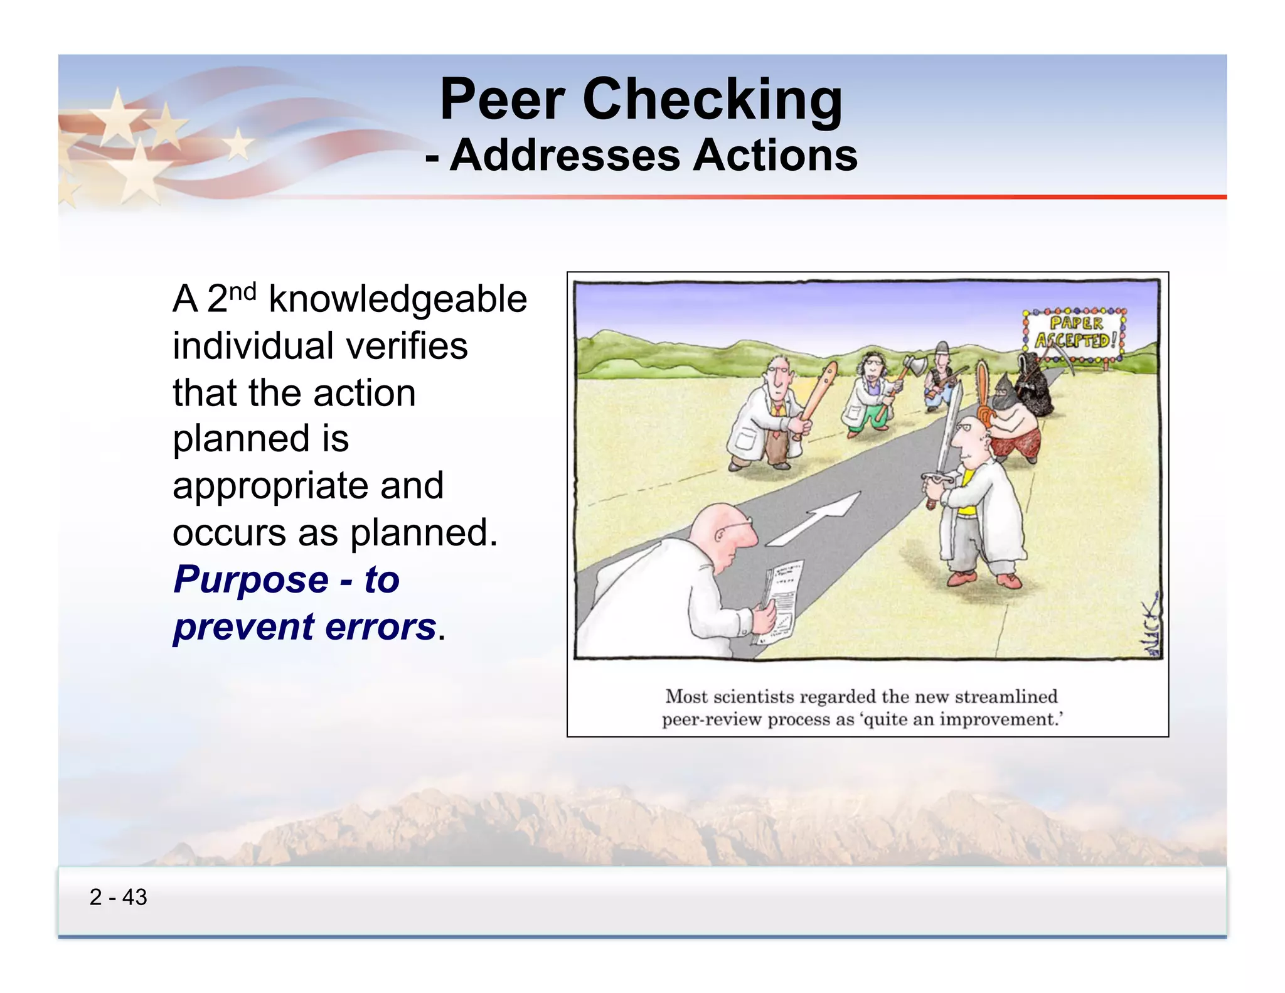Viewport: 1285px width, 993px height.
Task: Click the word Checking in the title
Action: (x=713, y=100)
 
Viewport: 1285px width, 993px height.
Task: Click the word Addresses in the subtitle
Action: (x=565, y=156)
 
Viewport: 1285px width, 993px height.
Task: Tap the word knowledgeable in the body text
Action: (x=398, y=299)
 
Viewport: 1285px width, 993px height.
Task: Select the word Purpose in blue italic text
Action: (x=251, y=579)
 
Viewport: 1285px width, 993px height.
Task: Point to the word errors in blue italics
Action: (x=380, y=626)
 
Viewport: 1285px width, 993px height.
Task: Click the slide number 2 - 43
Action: (x=118, y=897)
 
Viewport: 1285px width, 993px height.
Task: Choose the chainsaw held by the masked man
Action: (x=983, y=392)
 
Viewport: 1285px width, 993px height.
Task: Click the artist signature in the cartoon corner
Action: (x=1151, y=628)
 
